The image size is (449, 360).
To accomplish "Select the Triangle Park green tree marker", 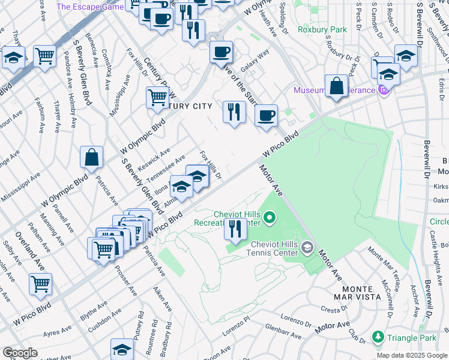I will point(378,338).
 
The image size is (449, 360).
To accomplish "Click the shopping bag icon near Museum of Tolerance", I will point(337,85).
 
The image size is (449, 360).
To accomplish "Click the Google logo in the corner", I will point(19,353).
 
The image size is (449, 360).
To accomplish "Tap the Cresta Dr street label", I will point(331,310).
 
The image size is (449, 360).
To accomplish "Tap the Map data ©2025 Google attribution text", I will point(412,355).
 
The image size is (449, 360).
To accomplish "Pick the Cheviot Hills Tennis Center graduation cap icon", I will point(307,247).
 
